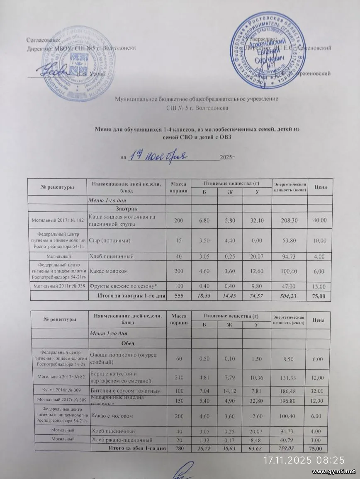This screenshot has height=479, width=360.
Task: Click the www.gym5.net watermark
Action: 333,472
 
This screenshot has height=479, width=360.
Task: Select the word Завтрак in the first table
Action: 127,208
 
